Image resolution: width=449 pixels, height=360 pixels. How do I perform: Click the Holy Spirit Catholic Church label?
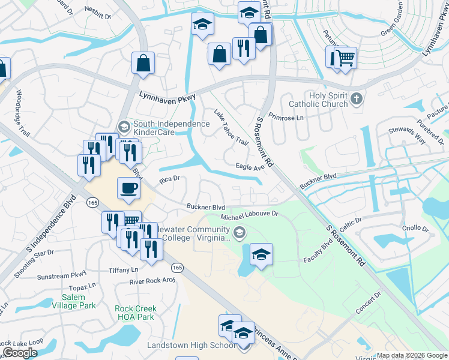coord(319,100)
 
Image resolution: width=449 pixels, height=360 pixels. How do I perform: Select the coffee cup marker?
coord(128,189)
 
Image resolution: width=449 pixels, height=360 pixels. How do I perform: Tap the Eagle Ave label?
coord(250,167)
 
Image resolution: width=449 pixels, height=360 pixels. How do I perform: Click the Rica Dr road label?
coord(170,179)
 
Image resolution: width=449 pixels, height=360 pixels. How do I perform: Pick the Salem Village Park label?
coord(79,301)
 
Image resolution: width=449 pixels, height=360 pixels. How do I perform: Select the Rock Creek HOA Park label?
coord(135,313)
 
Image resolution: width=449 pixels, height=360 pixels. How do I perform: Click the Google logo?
coord(20,352)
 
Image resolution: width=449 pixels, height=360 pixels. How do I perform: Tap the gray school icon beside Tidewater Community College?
coord(240,232)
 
